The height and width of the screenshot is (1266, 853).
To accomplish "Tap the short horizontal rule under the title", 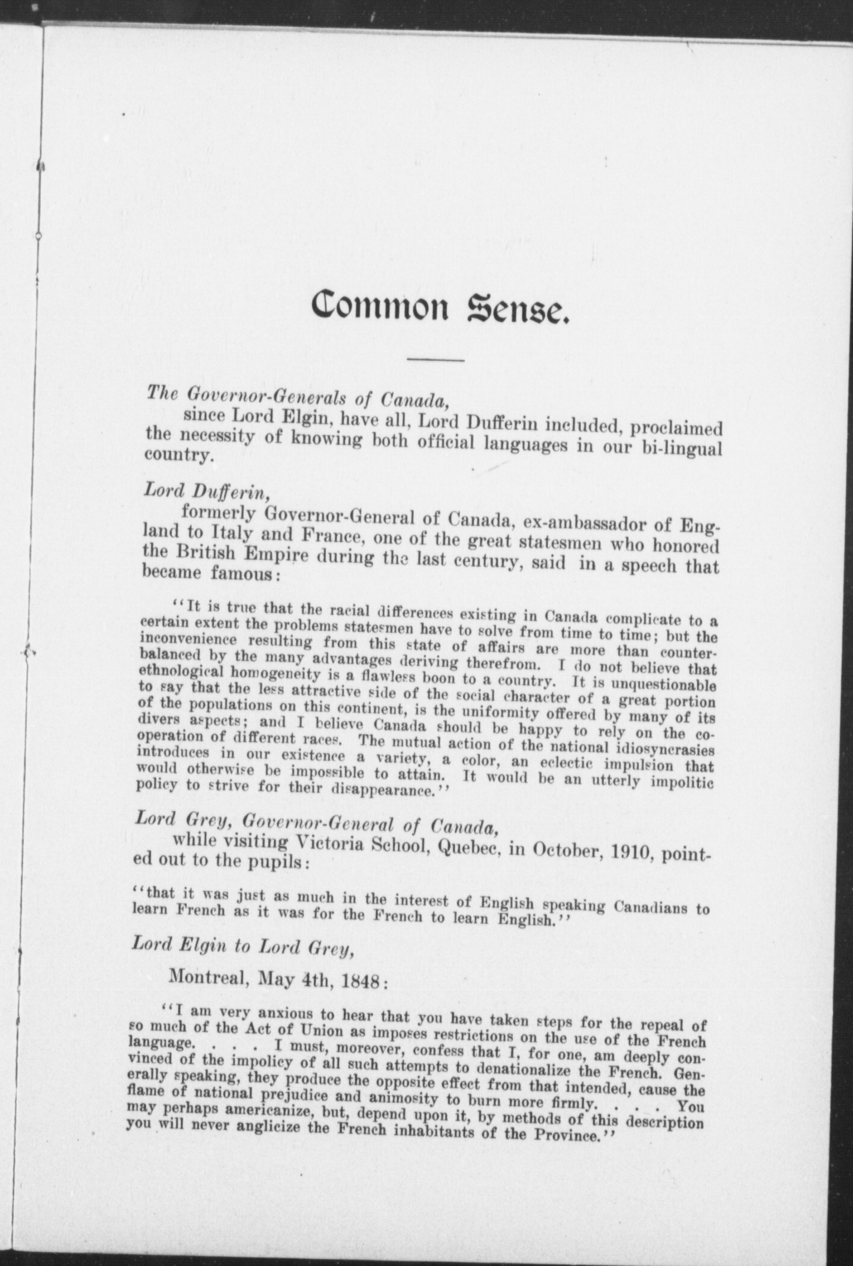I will pyautogui.click(x=435, y=360).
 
